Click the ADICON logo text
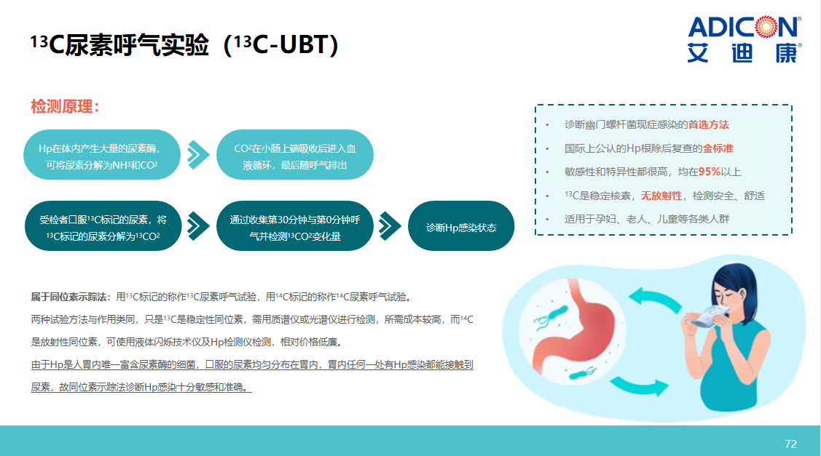click(x=744, y=27)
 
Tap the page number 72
click(x=790, y=444)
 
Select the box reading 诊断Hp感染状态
click(x=460, y=226)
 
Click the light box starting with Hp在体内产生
click(x=102, y=155)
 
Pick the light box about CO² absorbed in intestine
click(x=295, y=155)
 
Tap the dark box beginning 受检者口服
click(x=103, y=226)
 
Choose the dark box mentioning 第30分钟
click(x=295, y=226)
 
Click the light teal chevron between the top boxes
click(x=198, y=155)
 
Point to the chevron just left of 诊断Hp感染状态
click(x=390, y=226)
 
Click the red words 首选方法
click(x=708, y=124)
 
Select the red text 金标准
click(x=718, y=148)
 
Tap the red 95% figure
click(x=710, y=172)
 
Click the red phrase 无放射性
click(x=661, y=196)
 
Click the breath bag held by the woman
click(x=710, y=316)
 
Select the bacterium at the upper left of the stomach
click(x=551, y=316)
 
